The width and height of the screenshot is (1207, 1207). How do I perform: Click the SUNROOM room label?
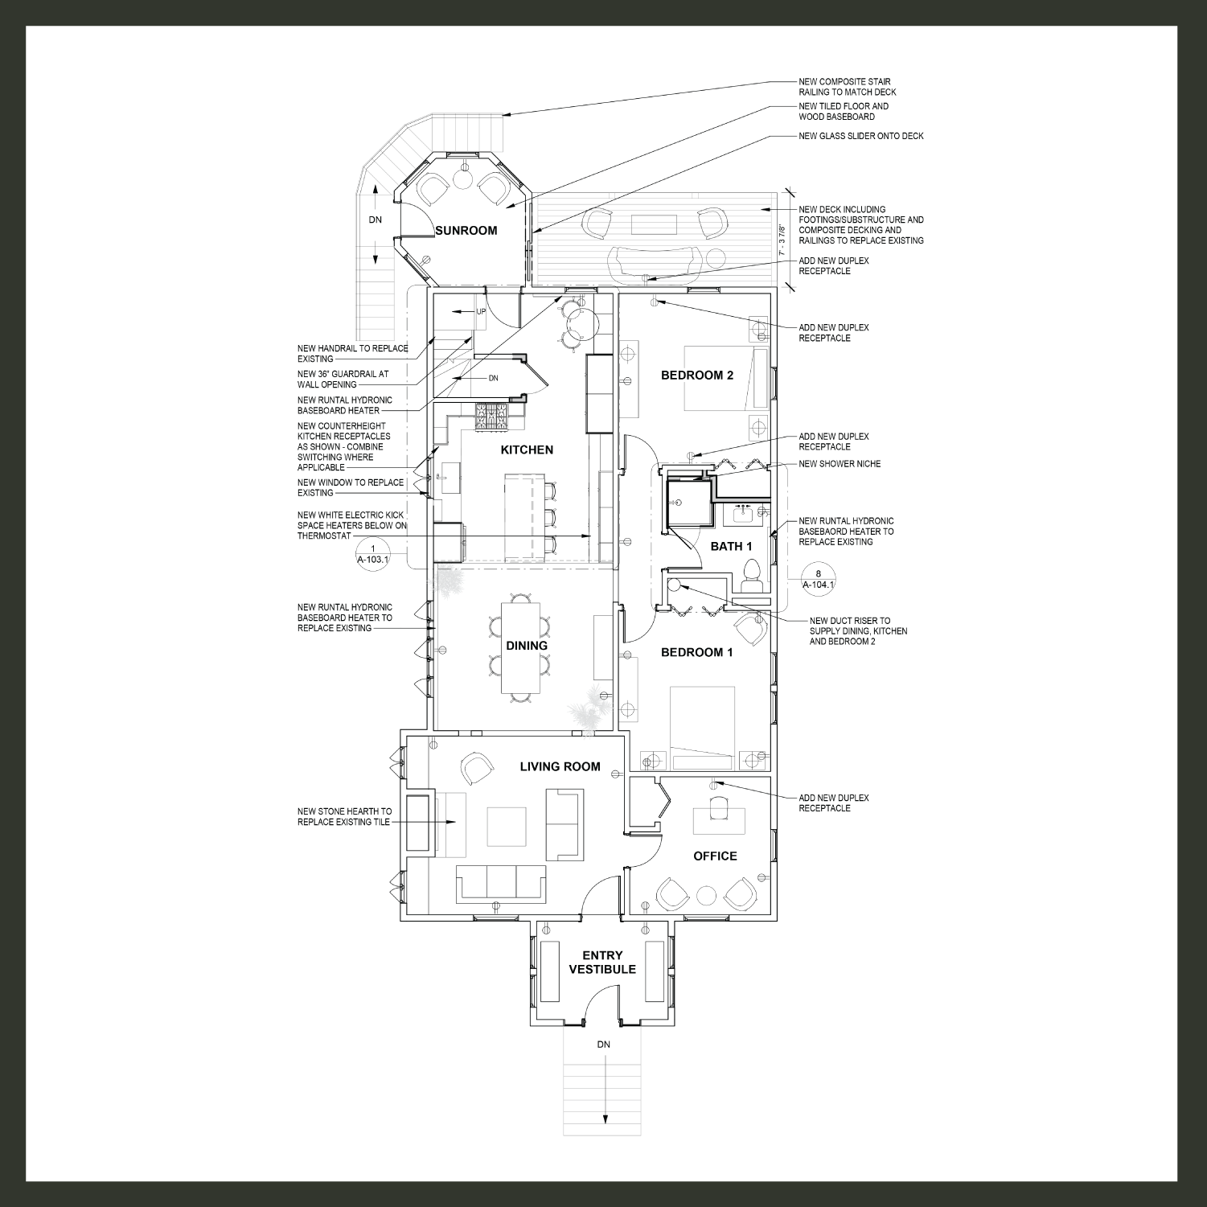point(466,231)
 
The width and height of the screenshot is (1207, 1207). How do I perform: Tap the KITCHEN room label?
point(527,450)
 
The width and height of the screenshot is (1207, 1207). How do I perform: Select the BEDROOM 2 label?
point(696,375)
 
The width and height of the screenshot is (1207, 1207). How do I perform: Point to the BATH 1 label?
point(731,546)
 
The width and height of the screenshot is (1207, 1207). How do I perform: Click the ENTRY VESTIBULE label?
point(602,962)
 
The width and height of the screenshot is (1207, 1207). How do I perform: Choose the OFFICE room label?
point(715,856)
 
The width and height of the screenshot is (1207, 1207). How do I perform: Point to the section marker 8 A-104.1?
point(818,579)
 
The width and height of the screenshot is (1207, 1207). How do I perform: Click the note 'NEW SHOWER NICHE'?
point(839,464)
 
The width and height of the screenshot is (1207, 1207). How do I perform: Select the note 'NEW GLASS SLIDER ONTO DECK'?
point(860,136)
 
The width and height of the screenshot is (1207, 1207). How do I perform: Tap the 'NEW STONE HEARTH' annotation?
point(344,817)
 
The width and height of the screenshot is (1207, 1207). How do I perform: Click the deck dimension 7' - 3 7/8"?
point(782,240)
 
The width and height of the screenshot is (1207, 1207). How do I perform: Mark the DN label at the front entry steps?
point(603,1045)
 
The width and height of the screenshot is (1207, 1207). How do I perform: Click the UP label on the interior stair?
point(481,311)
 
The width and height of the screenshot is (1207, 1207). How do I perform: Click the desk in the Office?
point(719,821)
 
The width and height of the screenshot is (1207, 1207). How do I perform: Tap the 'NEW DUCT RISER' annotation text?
point(857,631)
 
